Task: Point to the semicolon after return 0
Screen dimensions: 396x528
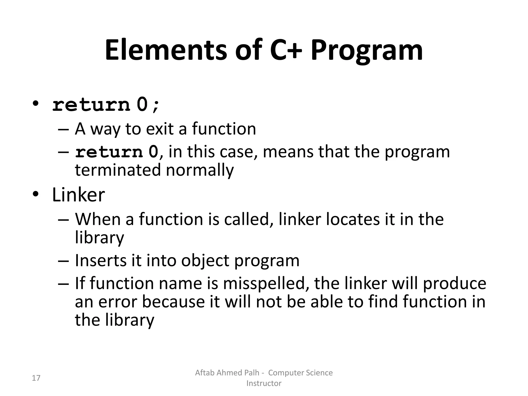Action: coord(156,106)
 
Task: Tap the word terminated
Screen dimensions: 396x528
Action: coord(118,170)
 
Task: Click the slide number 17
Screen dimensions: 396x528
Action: coord(36,378)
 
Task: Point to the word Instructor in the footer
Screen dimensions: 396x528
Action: coord(264,383)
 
